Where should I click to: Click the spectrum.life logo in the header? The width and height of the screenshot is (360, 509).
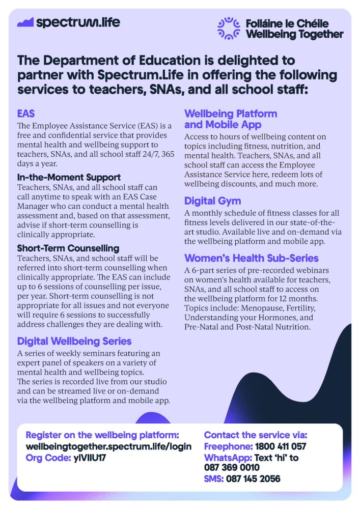pos(69,22)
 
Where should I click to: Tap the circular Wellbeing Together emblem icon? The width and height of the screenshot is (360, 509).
pos(228,29)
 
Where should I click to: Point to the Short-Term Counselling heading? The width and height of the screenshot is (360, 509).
pos(68,248)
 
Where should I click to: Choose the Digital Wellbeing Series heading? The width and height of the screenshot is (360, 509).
pos(74,341)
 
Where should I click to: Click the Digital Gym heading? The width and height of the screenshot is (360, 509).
pos(212,201)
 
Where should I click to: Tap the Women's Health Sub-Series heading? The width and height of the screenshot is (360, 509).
pos(251,258)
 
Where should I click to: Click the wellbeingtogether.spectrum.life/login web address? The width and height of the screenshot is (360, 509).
pos(108,446)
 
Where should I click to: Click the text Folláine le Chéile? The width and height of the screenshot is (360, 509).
pos(287,23)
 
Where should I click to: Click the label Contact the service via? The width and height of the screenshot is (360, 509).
pos(256,435)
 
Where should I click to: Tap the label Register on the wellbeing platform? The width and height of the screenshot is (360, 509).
pos(102,435)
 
